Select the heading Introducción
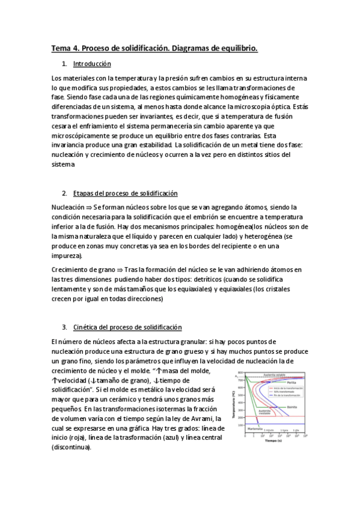(x=92, y=64)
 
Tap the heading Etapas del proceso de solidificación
(x=125, y=194)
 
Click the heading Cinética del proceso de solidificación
(x=126, y=327)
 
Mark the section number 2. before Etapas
(x=64, y=194)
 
